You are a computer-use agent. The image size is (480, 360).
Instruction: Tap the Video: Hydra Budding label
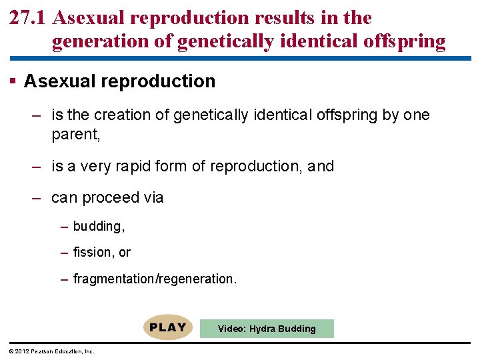[267, 329]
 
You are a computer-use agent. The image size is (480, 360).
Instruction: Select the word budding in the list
[98, 227]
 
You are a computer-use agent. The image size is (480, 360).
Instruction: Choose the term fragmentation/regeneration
[154, 279]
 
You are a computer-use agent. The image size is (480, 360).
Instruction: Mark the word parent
[75, 134]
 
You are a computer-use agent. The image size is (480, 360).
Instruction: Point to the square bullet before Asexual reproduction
[13, 81]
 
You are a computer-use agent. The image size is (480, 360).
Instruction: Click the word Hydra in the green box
[264, 329]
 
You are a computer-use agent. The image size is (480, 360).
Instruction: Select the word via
[153, 198]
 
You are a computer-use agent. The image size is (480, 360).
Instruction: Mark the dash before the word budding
[64, 227]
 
